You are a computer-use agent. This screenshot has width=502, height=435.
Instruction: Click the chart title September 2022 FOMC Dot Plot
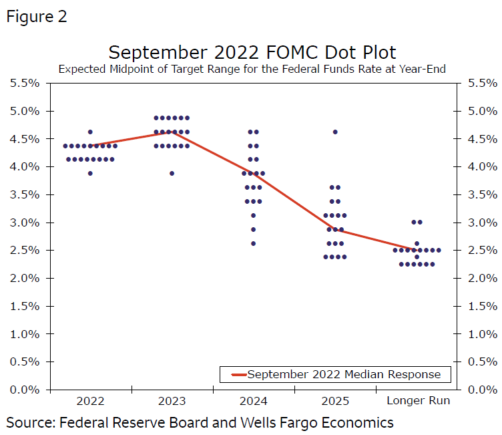252,53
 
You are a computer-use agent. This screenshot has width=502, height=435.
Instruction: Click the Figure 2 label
37,17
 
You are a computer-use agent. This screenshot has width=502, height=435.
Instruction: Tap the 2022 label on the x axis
90,401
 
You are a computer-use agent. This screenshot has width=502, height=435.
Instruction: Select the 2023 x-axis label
172,401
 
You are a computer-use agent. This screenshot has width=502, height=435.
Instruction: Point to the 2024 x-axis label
253,401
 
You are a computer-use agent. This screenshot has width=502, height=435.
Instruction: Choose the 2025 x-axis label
334,401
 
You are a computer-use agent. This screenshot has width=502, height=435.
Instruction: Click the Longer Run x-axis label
419,401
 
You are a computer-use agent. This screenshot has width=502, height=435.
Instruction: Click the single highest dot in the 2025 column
335,132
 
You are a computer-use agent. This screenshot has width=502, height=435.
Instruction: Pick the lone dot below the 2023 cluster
172,174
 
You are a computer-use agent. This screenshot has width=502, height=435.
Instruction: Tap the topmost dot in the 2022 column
90,132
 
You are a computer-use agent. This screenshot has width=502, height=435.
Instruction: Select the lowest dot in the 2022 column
90,174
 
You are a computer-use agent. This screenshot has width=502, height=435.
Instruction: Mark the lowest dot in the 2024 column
253,243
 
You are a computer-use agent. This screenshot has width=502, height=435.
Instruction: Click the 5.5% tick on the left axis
25,83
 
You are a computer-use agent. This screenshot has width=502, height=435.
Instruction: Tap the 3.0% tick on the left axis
25,223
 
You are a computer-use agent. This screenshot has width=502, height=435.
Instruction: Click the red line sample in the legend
238,374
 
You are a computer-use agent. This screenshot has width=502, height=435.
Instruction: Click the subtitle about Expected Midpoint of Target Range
252,69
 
